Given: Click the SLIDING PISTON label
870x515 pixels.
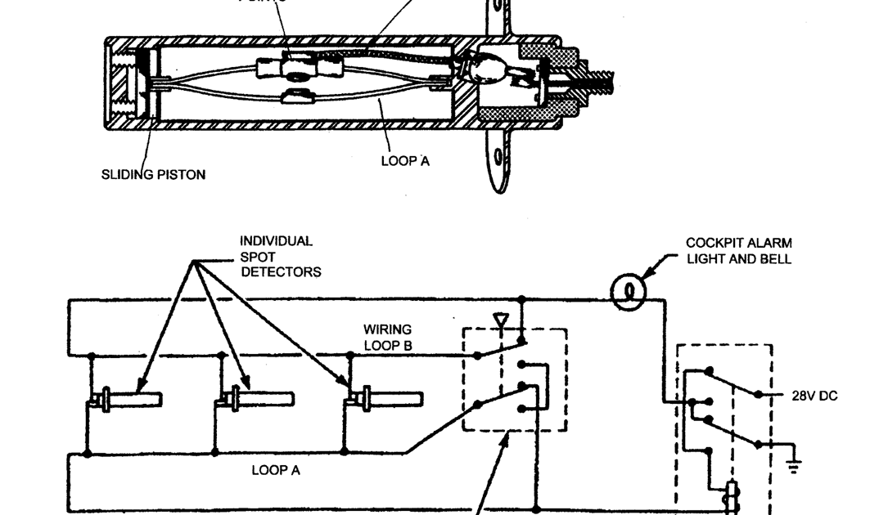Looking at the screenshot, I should pos(153,174).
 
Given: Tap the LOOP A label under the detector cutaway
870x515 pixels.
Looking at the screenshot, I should pos(405,161).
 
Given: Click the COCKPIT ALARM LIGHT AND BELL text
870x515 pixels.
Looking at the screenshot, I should pos(739,251).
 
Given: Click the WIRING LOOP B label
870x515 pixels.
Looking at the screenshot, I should pos(387,338).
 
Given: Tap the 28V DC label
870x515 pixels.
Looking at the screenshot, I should pos(814,396).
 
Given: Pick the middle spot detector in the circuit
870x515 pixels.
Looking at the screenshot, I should pos(254,400).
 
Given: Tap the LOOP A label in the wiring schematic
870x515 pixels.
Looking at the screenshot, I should pos(275,470).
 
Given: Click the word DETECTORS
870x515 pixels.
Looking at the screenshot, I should pos(281,272).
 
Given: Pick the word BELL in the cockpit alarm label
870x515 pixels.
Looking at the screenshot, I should pos(776,259).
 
